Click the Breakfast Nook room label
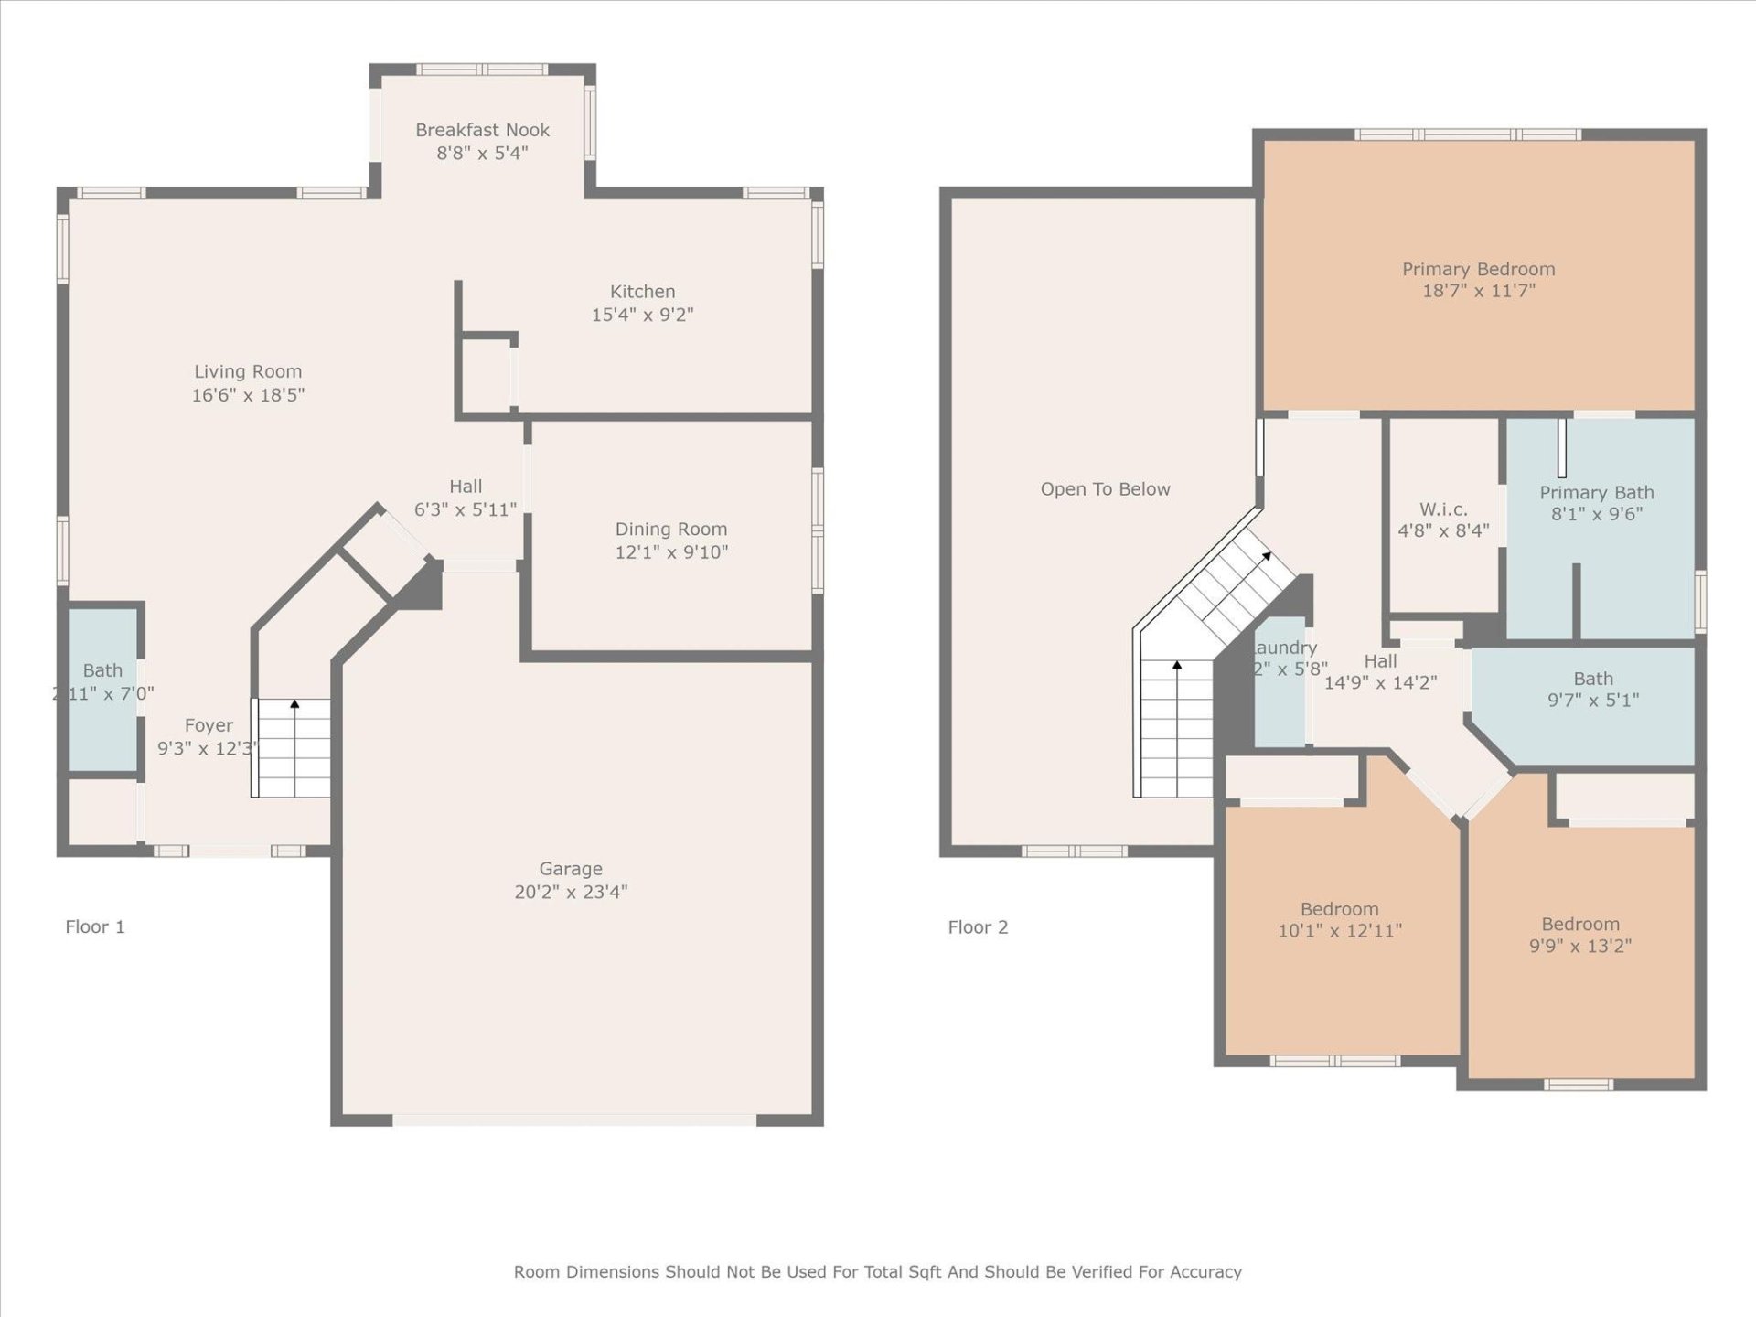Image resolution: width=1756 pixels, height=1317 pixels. pos(482,130)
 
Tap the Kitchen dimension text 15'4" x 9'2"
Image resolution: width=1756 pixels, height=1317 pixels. pos(642,315)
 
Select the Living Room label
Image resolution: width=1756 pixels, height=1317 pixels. pos(247,371)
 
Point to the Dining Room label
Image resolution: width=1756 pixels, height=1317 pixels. pos(670,529)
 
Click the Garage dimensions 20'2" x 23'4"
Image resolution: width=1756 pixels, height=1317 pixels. pos(570,892)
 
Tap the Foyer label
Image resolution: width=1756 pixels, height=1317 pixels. pos(209,725)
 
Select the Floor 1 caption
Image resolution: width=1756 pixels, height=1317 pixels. pos(94,926)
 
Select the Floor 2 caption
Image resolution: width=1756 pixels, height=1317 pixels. pos(977,927)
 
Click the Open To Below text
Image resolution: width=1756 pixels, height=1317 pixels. pos(1105,489)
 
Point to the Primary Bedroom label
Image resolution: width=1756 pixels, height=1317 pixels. pos(1478,269)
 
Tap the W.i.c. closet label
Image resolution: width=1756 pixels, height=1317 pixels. pos(1443,509)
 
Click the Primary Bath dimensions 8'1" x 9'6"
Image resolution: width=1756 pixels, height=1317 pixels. pos(1596,514)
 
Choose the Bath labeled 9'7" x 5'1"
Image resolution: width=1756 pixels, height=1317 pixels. pos(1592,679)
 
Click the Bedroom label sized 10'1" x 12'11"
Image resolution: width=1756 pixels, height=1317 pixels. pos(1339,909)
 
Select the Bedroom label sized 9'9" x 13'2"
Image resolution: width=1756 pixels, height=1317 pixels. pos(1579,924)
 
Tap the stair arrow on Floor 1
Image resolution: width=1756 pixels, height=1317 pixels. pos(294,704)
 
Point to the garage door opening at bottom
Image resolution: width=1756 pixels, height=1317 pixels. pos(574,1119)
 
